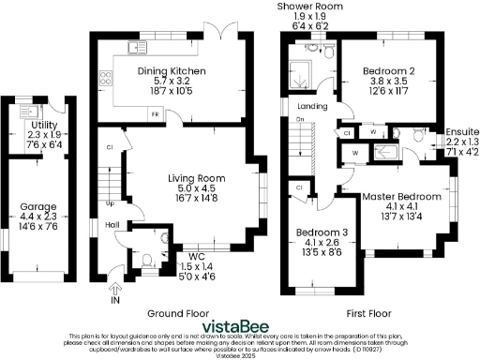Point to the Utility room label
coord(43,125)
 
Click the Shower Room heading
coord(308,6)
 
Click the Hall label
coord(111,225)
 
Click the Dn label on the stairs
coord(300,120)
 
